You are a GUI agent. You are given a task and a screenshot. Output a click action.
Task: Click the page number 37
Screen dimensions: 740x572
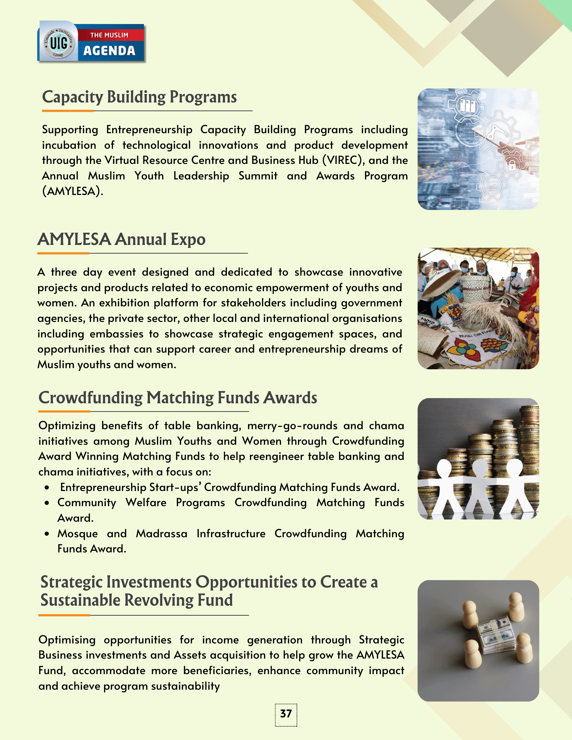coord(286,714)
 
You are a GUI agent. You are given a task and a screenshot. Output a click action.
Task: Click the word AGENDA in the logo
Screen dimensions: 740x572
coord(109,51)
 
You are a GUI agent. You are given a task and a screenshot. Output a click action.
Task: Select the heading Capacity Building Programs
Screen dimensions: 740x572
coord(139,97)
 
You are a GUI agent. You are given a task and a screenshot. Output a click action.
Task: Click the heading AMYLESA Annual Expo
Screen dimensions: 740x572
coord(121,239)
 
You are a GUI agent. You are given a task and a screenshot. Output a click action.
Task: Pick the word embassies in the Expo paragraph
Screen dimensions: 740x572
coord(116,334)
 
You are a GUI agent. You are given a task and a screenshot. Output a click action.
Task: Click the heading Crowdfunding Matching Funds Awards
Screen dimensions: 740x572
coord(178,398)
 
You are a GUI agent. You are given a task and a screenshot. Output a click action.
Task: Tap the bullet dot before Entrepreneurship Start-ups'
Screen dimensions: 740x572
coord(47,488)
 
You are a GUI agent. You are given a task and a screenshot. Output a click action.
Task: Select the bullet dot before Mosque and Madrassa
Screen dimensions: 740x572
coord(47,534)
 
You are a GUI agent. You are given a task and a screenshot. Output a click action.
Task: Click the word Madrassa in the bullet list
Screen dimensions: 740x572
coord(161,534)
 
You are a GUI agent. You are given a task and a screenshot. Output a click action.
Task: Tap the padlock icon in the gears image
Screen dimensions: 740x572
coord(512,165)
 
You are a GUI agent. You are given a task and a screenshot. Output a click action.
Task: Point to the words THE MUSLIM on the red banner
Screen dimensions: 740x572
coord(109,35)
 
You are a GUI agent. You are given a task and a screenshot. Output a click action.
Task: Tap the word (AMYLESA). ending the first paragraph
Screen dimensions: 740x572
coord(73,191)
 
